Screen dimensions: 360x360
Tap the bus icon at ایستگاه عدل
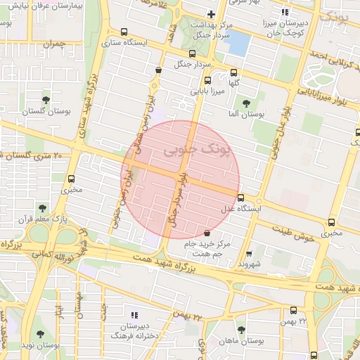point(240,198)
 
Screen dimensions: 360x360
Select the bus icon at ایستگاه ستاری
point(124,32)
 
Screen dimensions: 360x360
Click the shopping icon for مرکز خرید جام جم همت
point(206,233)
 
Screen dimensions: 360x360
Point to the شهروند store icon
point(249,254)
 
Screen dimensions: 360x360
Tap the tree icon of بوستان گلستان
point(46,99)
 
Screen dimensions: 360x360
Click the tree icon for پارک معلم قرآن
point(44,208)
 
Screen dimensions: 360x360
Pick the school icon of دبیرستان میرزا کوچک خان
point(285,12)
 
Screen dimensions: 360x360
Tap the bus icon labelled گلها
point(233,72)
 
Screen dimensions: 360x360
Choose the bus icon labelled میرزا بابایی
point(207,80)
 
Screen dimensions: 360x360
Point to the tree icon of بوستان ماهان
point(241,329)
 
